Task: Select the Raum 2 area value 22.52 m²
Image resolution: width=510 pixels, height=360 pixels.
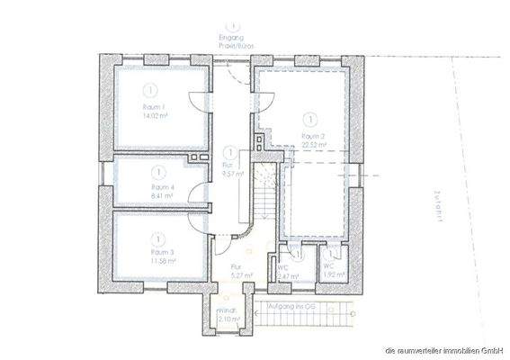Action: [x=311, y=144]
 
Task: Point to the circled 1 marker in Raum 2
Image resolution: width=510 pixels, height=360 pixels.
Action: [x=311, y=118]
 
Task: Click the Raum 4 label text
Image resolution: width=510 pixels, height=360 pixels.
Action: [x=161, y=186]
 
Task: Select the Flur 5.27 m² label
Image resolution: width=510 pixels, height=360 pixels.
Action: [x=237, y=273]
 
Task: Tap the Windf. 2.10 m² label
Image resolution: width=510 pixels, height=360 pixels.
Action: [x=225, y=316]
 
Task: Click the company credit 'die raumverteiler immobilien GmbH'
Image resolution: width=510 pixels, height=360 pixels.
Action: [x=442, y=349]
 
